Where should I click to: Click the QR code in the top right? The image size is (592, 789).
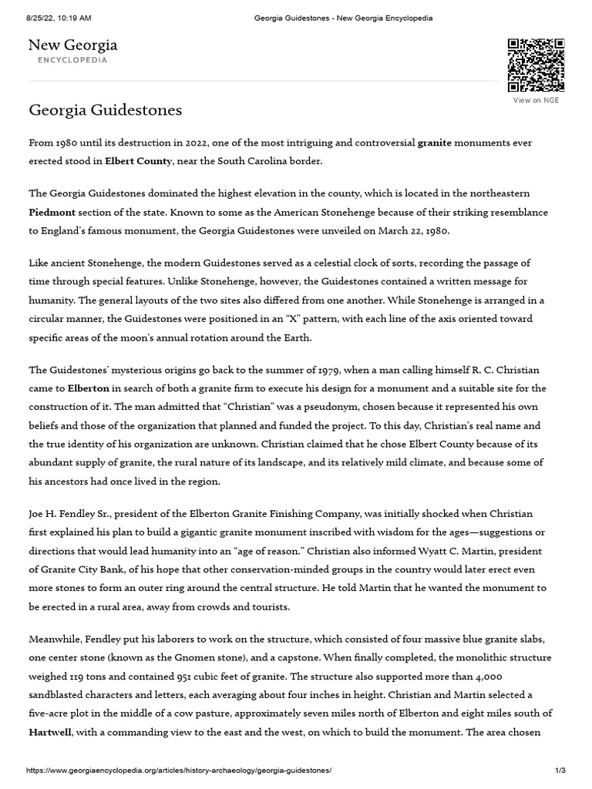pyautogui.click(x=536, y=65)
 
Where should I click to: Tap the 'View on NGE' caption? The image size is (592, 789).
pyautogui.click(x=536, y=100)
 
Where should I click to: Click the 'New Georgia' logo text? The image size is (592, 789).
pyautogui.click(x=73, y=45)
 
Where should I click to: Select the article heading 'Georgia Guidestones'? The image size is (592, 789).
pyautogui.click(x=106, y=110)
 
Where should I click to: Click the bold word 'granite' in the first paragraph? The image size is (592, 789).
pyautogui.click(x=435, y=143)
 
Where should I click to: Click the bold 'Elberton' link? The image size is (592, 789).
pyautogui.click(x=88, y=388)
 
